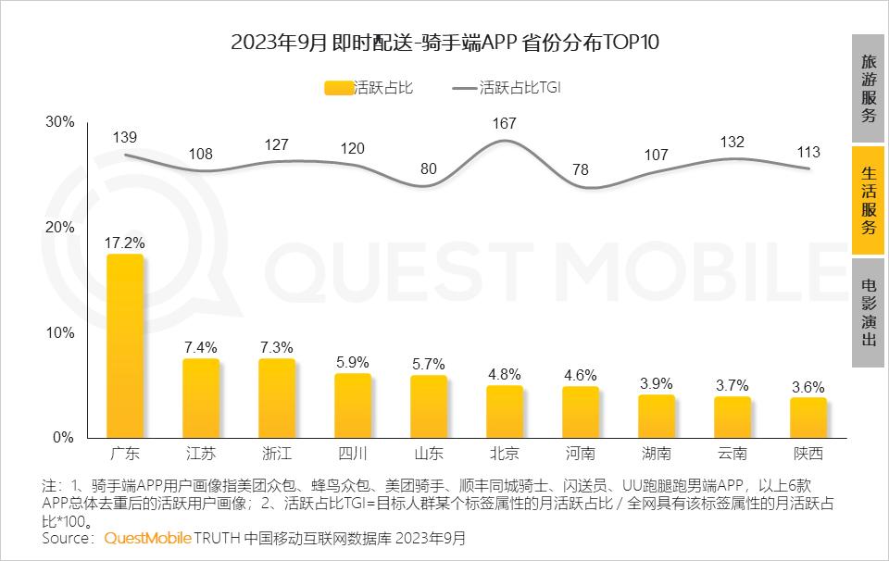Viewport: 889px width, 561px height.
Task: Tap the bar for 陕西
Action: click(x=808, y=418)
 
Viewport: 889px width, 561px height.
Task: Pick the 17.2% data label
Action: click(x=125, y=243)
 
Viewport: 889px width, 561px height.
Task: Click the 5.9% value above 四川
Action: click(x=352, y=363)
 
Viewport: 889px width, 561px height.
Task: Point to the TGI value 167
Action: click(x=505, y=122)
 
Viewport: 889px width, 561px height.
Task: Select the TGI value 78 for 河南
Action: click(x=581, y=169)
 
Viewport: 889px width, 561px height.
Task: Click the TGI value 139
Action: click(x=125, y=137)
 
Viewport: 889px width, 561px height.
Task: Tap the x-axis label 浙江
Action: click(x=277, y=454)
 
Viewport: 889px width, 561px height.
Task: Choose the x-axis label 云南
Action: click(x=732, y=454)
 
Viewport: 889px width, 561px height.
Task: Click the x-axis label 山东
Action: click(x=429, y=454)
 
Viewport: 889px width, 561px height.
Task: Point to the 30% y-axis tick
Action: click(x=60, y=122)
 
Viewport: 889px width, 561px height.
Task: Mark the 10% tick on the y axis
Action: click(x=60, y=332)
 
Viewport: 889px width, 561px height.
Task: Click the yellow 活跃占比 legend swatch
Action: click(x=338, y=89)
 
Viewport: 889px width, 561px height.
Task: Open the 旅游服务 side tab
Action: click(x=869, y=88)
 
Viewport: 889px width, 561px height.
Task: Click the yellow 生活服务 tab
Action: click(x=869, y=200)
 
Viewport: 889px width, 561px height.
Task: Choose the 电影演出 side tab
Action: click(x=869, y=312)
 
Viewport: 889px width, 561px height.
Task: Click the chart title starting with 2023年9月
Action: click(x=444, y=44)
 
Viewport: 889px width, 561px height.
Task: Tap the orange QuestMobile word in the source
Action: click(x=148, y=538)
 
